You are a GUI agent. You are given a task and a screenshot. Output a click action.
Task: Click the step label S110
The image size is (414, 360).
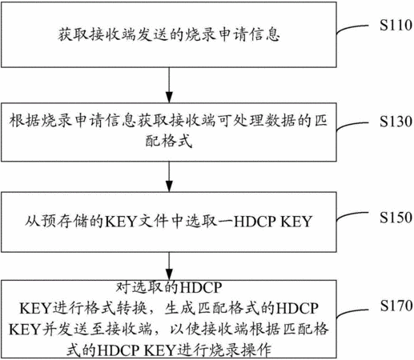pos(396,26)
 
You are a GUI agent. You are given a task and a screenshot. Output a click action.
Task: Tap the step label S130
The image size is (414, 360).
pos(396,122)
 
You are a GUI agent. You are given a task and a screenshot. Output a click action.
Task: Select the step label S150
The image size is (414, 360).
pos(396,218)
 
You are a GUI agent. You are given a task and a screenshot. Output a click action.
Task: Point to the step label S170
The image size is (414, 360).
pos(396,306)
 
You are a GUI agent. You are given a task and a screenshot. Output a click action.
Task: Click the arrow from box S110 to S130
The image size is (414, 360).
pos(169,85)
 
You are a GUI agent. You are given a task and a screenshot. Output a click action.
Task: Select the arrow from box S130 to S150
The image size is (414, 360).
pos(169,177)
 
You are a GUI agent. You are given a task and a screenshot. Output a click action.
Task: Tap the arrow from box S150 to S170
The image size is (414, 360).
pos(169,266)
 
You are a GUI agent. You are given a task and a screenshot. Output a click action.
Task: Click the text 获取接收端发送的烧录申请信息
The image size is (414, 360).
pos(169,35)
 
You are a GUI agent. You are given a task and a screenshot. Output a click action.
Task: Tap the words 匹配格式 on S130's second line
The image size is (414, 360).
pos(169,141)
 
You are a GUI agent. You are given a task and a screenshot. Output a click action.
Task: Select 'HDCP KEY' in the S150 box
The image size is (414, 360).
pos(273,222)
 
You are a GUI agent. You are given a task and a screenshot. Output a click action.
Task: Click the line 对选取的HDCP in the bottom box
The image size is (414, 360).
pos(169,287)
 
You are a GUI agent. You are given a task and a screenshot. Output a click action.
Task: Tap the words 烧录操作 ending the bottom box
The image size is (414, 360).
pos(241,350)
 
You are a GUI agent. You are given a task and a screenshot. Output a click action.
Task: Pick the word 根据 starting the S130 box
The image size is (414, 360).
pos(25,121)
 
